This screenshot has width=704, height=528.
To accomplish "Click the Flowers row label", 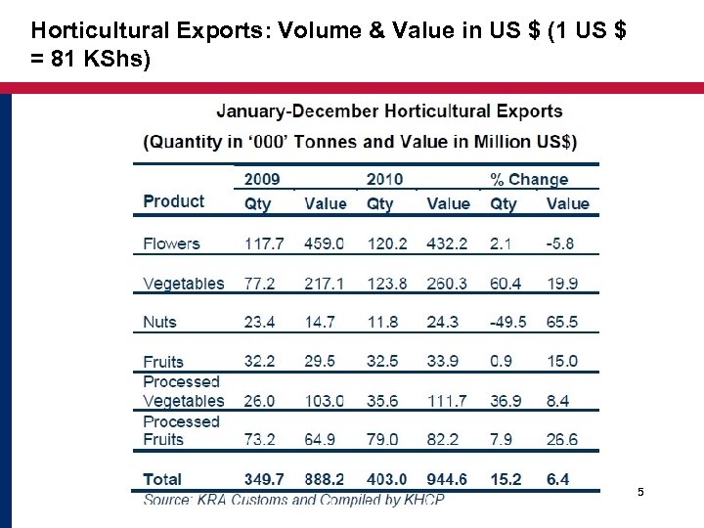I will [x=171, y=243].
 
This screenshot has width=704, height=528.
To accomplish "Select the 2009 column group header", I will [x=261, y=179].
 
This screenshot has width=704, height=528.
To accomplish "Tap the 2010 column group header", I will [x=384, y=179].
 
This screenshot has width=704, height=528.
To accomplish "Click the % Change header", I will [x=528, y=179].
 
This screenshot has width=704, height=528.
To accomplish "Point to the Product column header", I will [x=174, y=201].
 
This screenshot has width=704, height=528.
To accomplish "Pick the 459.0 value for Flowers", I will [x=324, y=243].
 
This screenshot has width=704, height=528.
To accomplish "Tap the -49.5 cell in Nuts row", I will [x=508, y=322].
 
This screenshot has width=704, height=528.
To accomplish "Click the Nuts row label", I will [x=160, y=322].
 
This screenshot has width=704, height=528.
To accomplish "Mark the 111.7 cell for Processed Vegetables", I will [x=447, y=401].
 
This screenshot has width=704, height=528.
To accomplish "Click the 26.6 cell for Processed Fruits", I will [x=562, y=439].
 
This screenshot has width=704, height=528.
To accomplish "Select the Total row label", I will [x=162, y=479].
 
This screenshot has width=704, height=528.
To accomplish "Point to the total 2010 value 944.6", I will [x=448, y=479].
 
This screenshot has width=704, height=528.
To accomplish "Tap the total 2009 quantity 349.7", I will [x=265, y=479].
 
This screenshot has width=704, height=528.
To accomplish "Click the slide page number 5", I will [x=640, y=492].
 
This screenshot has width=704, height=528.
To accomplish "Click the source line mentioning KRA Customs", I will [x=293, y=499].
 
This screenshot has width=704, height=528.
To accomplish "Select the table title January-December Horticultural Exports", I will [x=389, y=111].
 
